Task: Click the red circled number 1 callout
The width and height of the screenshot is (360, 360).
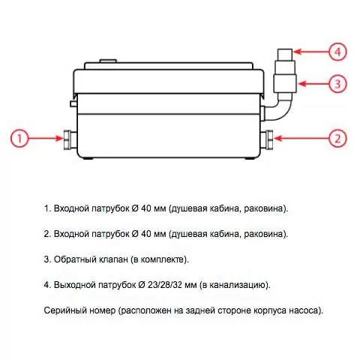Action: (x=19, y=138)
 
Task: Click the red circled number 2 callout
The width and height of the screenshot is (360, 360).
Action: (x=337, y=138)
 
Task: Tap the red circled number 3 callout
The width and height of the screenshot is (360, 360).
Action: (x=337, y=83)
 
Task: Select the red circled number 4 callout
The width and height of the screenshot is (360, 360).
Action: (x=337, y=52)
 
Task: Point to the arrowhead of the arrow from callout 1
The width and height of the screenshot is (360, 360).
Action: (x=59, y=138)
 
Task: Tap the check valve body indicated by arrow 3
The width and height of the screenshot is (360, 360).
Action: (x=285, y=83)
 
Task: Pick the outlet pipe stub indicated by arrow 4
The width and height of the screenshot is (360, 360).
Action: (x=285, y=54)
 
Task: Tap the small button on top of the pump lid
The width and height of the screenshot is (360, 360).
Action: (x=108, y=61)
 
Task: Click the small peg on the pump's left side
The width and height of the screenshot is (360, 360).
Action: (x=73, y=103)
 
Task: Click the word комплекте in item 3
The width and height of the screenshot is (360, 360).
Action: (x=163, y=259)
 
